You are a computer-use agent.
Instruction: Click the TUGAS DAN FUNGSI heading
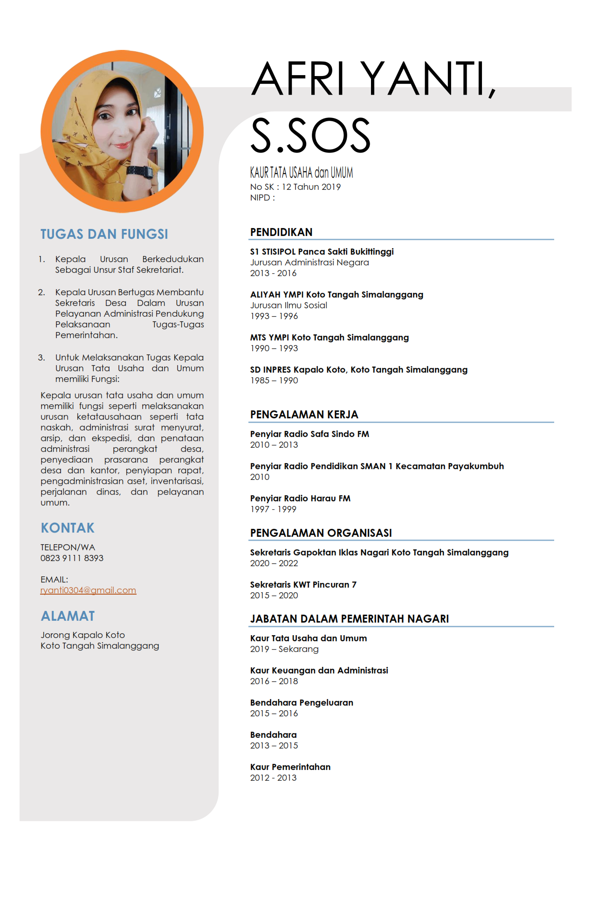pos(104,234)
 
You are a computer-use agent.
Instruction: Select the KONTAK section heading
pos(68,528)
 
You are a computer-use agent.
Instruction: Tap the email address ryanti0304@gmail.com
pos(88,590)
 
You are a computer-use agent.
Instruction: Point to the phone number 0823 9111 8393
pos(72,558)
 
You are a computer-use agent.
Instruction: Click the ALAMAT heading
pos(68,616)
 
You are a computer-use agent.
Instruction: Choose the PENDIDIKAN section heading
pos(281,232)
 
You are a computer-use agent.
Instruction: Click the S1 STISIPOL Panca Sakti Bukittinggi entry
pos(322,252)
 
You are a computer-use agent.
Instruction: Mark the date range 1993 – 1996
pos(274,316)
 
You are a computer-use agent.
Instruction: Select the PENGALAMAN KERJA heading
pos(304,415)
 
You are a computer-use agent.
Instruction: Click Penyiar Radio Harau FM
pos(300,499)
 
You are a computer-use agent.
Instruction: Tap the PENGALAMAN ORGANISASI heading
pos(321,533)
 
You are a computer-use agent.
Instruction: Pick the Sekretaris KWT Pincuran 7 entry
pos(303,585)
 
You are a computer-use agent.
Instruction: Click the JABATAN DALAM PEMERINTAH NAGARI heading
pos(349,619)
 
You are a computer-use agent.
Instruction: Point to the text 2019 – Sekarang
pos(284,649)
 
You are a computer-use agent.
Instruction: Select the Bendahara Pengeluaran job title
pos(302,703)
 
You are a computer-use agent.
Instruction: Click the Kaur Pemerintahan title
pos(290,767)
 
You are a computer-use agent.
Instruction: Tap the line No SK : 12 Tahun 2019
pos(295,187)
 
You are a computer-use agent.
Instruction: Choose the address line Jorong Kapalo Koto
pos(82,635)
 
